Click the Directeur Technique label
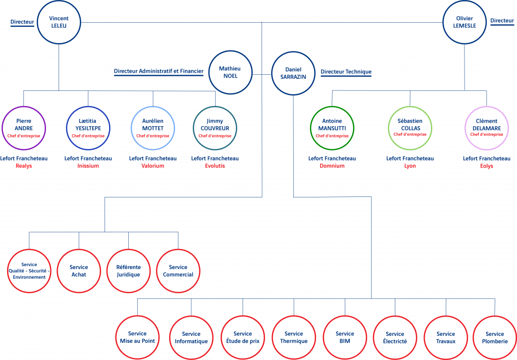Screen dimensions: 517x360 [346, 72]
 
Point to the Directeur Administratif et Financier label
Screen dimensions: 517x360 [159, 71]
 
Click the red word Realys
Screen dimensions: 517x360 [24, 166]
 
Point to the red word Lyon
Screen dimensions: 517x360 [410, 166]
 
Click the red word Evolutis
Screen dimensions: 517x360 [215, 166]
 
